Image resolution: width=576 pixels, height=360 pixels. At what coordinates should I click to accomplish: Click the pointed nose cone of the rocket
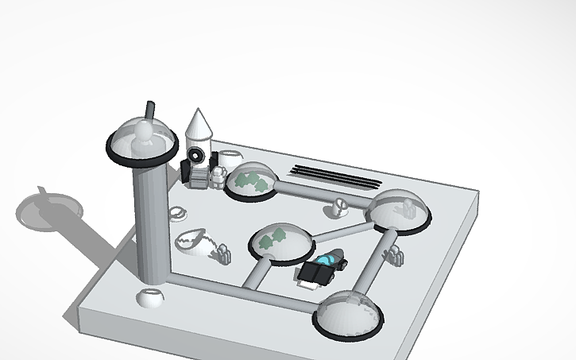[x=199, y=123]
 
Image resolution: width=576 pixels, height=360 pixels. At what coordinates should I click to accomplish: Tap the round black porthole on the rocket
[x=197, y=154]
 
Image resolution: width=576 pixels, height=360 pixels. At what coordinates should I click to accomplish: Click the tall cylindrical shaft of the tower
[x=150, y=223]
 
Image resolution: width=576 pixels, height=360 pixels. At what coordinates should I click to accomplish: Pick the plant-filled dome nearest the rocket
[x=250, y=183]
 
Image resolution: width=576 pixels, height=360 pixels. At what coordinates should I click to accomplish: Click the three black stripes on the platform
[x=332, y=176]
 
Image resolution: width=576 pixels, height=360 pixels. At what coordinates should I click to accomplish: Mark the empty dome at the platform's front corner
[x=350, y=314]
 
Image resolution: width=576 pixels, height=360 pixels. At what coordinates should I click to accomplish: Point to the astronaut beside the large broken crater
[x=222, y=254]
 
